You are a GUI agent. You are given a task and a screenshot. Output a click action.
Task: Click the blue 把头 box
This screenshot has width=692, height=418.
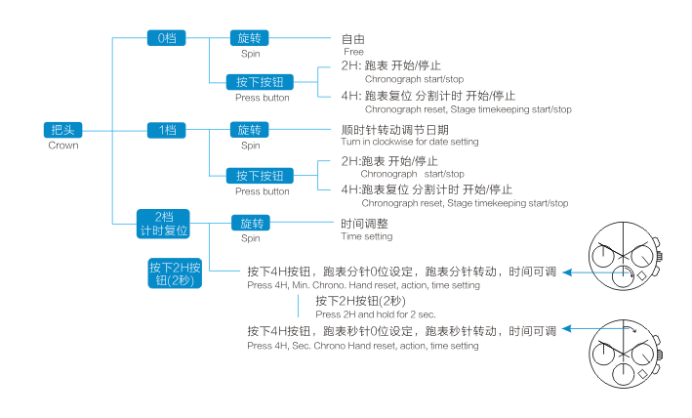tap(62, 130)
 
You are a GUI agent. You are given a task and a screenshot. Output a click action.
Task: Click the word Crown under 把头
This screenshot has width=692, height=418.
tap(62, 146)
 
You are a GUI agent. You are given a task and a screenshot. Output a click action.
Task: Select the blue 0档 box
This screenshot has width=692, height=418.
tap(167, 38)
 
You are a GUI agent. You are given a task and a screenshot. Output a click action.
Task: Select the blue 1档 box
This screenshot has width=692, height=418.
tap(167, 130)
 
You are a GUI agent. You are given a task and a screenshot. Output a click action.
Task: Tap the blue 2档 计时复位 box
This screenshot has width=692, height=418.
tap(163, 223)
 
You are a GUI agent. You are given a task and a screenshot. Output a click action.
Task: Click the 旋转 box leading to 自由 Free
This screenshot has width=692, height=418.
tap(251, 38)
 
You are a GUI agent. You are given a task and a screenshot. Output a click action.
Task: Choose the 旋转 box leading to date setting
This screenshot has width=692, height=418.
tap(251, 130)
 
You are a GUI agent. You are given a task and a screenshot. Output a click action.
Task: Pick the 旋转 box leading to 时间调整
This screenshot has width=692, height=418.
tap(251, 223)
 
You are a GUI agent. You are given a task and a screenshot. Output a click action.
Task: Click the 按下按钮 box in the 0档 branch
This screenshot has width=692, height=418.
tap(261, 82)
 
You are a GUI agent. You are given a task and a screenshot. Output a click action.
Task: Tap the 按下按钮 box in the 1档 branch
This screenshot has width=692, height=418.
tap(261, 176)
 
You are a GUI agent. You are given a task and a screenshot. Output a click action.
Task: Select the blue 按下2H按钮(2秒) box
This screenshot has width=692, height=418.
tap(176, 273)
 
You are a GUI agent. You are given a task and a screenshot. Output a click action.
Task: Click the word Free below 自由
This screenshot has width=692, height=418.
tap(353, 51)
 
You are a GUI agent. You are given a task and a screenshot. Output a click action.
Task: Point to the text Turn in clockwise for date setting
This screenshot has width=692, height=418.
tap(410, 142)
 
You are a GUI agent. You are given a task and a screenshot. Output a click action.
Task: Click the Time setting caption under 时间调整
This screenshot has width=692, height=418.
tap(367, 236)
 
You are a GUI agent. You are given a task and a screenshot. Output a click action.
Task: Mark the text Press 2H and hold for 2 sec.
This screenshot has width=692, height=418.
tap(375, 313)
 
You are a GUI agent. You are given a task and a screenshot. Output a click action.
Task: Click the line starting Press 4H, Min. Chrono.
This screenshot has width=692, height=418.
tap(363, 285)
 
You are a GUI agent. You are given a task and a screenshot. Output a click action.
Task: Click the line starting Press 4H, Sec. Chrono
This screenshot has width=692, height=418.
tap(363, 346)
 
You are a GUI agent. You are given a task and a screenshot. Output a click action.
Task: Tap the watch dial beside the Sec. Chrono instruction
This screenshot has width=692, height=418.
tap(629, 352)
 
